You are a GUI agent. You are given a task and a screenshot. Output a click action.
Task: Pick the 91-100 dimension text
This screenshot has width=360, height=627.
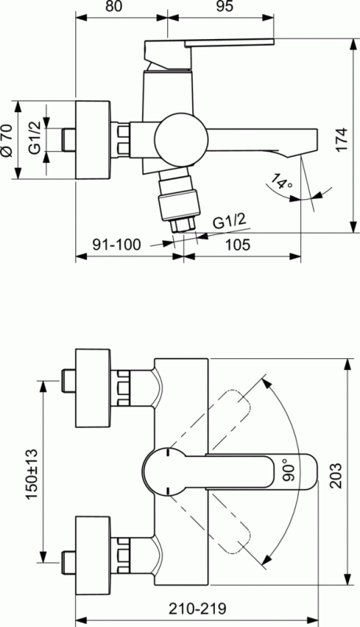click(x=116, y=245)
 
